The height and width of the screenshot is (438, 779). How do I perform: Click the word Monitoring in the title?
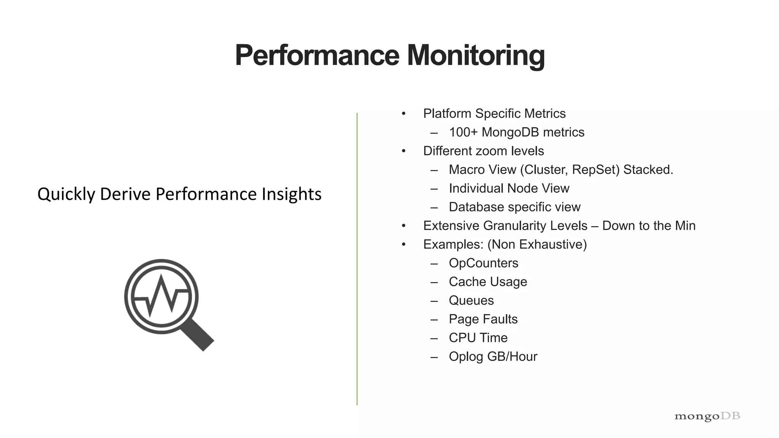tap(476, 56)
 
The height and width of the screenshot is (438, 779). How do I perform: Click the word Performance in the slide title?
tap(317, 56)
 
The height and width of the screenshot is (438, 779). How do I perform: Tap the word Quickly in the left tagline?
tap(66, 194)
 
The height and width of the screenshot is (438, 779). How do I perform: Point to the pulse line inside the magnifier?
tap(162, 295)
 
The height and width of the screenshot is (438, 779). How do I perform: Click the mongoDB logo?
tap(707, 416)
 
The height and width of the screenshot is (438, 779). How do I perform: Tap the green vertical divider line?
tap(357, 259)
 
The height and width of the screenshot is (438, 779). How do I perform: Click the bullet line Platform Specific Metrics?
tap(494, 114)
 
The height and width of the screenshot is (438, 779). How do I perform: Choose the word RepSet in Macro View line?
tap(596, 170)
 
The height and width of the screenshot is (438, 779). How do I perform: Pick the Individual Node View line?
tap(509, 188)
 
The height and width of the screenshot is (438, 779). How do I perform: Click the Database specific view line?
tap(514, 207)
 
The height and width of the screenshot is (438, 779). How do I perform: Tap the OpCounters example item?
tap(483, 263)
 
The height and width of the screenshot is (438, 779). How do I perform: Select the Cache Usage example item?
tap(488, 282)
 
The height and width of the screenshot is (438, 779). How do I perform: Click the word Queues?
tap(471, 300)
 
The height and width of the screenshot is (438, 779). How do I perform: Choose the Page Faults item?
tap(483, 319)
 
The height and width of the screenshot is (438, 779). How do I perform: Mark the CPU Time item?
tap(478, 338)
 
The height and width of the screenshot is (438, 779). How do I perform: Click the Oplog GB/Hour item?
tap(493, 357)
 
